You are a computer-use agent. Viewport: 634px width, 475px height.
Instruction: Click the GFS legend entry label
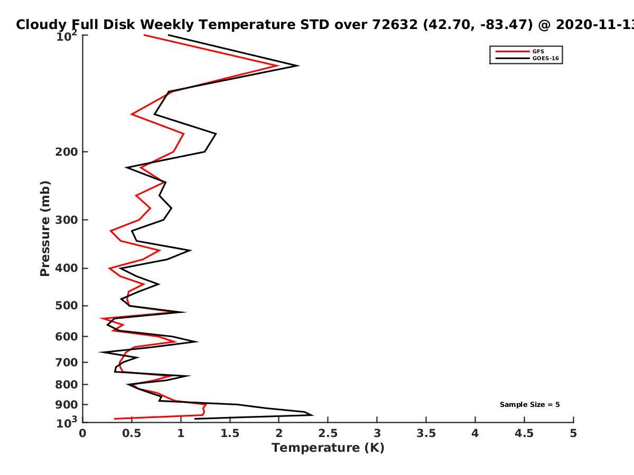coord(538,52)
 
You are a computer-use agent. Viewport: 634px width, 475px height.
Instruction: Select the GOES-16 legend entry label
coord(545,59)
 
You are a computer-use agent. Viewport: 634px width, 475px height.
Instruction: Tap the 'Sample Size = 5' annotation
coord(529,405)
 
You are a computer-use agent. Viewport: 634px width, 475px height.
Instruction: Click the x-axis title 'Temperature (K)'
coord(328,448)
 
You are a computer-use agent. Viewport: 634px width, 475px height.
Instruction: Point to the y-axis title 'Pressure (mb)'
coord(45,229)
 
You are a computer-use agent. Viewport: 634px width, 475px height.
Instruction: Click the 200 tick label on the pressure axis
coord(67,152)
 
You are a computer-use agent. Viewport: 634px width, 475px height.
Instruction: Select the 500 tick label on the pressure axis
coord(67,306)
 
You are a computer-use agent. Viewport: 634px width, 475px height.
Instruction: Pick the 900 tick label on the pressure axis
coord(67,405)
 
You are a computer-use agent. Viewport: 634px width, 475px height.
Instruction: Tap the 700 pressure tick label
coord(67,363)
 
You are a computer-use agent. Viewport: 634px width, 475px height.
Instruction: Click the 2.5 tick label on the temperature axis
coord(328,433)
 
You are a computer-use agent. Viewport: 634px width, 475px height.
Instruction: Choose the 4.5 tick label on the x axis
coord(524,433)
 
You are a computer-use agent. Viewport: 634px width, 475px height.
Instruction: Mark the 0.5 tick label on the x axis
coord(132,433)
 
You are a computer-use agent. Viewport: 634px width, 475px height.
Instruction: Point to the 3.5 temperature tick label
coord(426,433)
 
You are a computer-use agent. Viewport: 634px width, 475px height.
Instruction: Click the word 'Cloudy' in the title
coord(41,25)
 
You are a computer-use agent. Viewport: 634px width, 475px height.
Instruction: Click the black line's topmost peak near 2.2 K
coord(299,66)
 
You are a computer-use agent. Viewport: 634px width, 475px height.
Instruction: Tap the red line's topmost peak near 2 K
coord(278,66)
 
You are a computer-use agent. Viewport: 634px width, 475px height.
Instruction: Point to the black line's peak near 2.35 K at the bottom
coord(313,415)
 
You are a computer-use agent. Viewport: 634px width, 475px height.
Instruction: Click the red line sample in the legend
coord(512,52)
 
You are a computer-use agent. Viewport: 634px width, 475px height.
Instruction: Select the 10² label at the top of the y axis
coord(67,36)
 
